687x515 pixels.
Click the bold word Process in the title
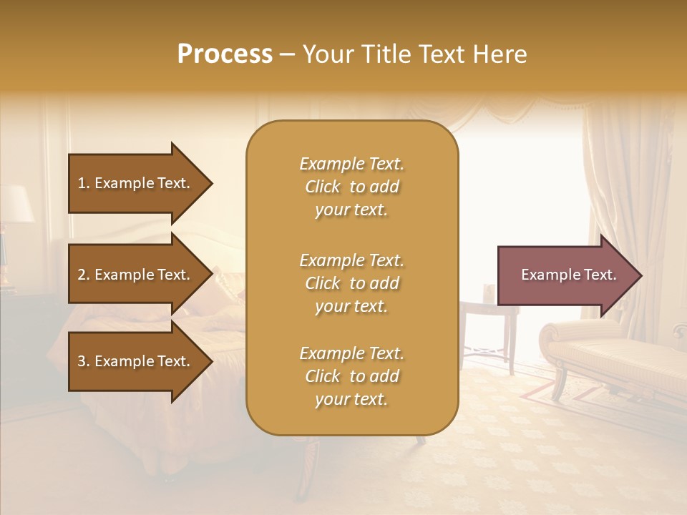click(x=225, y=54)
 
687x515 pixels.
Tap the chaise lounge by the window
click(x=615, y=350)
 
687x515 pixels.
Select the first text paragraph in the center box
click(x=351, y=187)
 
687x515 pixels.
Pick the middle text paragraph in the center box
click(x=351, y=283)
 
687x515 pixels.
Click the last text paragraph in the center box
click(x=351, y=376)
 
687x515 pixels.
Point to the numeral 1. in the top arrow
click(x=84, y=183)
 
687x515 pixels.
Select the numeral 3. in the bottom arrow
click(x=84, y=361)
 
